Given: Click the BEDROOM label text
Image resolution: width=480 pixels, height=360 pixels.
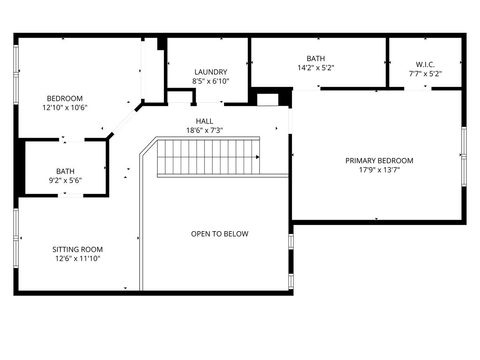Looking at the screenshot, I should (x=65, y=98).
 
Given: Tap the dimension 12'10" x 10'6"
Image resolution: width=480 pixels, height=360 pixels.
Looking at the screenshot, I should (x=65, y=107).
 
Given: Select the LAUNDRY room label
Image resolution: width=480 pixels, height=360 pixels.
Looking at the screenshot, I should (x=210, y=72).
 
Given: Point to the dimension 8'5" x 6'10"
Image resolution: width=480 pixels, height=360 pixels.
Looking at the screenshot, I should (x=210, y=81).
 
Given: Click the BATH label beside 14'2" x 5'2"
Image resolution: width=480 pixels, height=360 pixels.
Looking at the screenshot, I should (x=316, y=59).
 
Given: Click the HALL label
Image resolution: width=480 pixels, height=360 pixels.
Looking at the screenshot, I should (x=204, y=121).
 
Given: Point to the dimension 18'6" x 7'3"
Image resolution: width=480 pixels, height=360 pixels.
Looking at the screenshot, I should (x=204, y=130).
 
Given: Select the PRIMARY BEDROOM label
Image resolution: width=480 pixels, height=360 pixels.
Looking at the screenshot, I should (x=379, y=160).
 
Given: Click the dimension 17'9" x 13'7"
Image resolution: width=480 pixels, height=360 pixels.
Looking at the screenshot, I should (x=379, y=169).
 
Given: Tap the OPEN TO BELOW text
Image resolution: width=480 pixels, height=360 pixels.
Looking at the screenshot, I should (x=220, y=234).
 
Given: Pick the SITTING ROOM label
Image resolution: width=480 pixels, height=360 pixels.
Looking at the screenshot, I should (x=77, y=249).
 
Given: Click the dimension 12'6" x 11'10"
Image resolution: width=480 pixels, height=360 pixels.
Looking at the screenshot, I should (x=77, y=258).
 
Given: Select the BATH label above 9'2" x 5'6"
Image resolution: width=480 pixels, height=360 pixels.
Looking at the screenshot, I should (x=65, y=171).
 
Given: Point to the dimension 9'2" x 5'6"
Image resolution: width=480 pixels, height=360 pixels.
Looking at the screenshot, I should (x=65, y=180).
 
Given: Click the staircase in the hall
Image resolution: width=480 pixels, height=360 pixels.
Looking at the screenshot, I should (x=209, y=157).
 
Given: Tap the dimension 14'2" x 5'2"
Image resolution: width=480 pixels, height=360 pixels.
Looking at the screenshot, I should (x=316, y=68).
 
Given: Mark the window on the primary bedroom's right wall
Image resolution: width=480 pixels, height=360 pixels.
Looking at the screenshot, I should (x=464, y=155).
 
